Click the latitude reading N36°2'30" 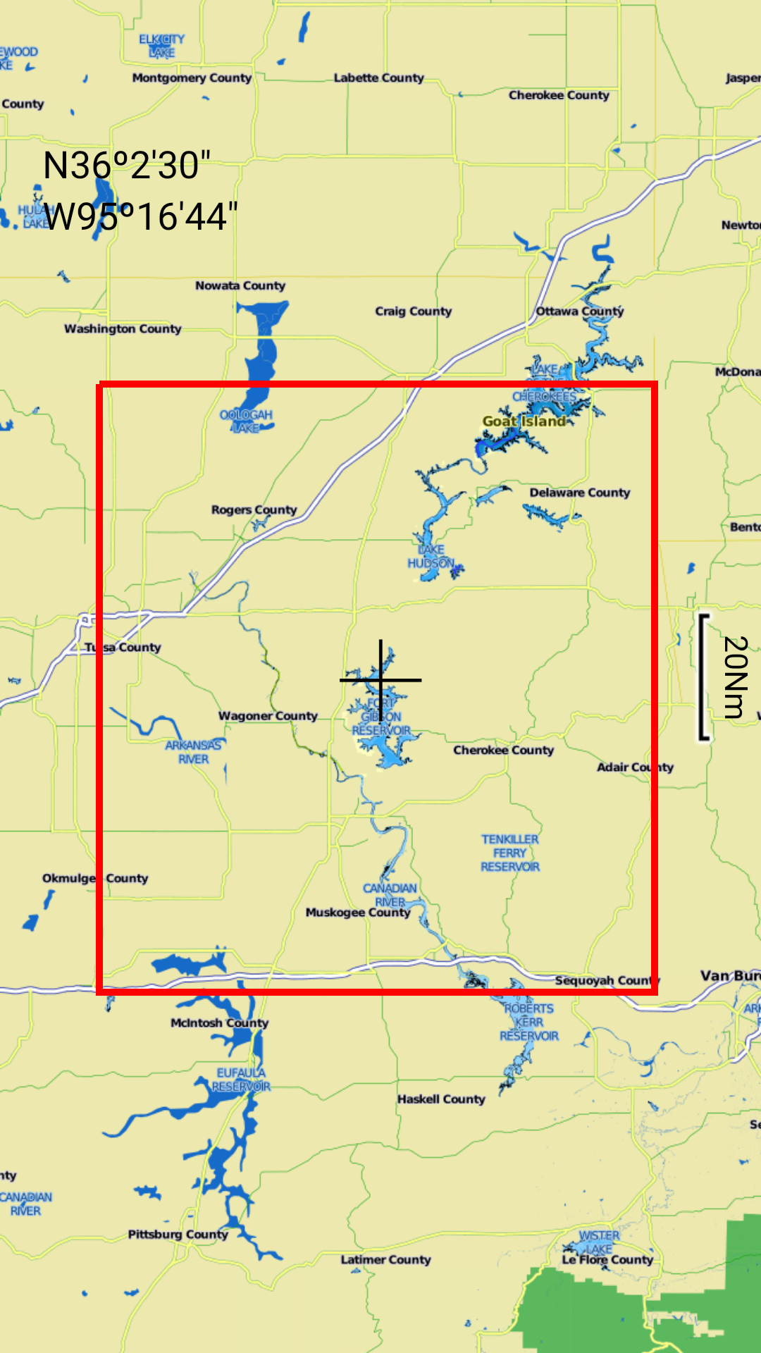pos(127,166)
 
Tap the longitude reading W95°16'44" pos(140,216)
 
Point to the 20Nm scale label pos(735,676)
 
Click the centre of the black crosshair pos(381,680)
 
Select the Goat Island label pos(524,421)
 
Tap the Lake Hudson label pos(431,556)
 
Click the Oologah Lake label pos(246,421)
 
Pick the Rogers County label pos(254,509)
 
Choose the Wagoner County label pos(268,716)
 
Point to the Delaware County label pos(579,493)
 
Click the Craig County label pos(413,311)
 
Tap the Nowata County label pos(240,285)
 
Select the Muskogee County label pos(357,913)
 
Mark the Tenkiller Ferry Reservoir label pos(510,853)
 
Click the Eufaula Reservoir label pos(241,1080)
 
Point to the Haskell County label pos(441,1099)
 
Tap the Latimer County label pos(385,1259)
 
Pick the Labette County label pos(378,78)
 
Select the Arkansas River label pos(193,752)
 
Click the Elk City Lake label pos(161,46)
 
